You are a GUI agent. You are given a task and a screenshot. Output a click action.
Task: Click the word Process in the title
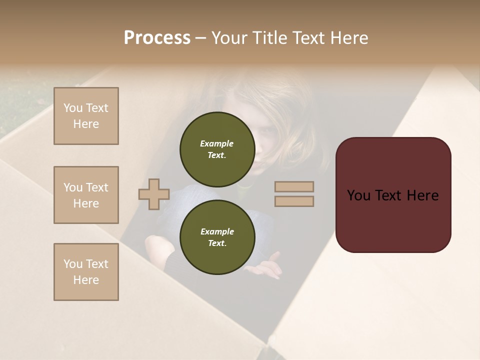(x=157, y=38)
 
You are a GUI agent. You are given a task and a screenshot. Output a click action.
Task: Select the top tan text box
(x=86, y=116)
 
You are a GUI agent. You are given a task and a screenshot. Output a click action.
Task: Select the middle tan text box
(x=86, y=195)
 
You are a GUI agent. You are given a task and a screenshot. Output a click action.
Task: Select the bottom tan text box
(x=86, y=272)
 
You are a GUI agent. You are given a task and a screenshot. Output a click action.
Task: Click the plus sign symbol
(x=154, y=194)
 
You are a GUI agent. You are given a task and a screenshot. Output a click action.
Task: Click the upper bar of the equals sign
(x=294, y=187)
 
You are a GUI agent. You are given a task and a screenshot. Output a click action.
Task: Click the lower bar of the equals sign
(x=294, y=201)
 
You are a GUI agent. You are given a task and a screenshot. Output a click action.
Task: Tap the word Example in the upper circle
(x=217, y=143)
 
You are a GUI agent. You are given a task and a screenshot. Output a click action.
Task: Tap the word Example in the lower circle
(x=217, y=231)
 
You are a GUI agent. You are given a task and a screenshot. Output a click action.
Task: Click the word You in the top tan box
(x=72, y=108)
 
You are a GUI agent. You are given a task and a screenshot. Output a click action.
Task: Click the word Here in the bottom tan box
(x=86, y=280)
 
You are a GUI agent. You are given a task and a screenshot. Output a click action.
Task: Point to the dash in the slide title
(x=201, y=38)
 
